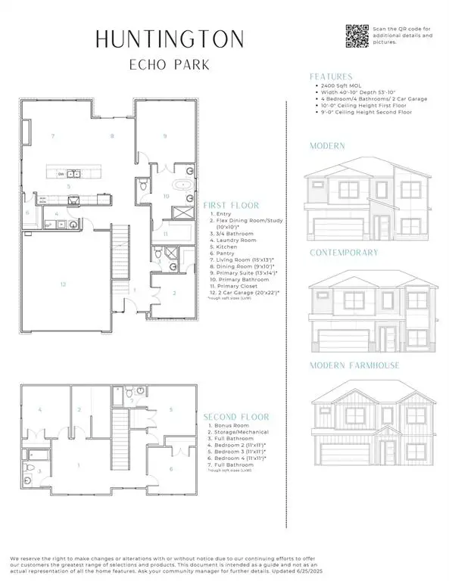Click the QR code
tap(357, 35)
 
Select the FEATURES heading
tap(331, 76)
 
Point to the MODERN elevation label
tap(328, 145)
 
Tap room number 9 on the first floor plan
tap(164, 136)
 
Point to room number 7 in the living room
tap(52, 136)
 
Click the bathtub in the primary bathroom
tap(184, 185)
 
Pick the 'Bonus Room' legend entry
tap(229, 427)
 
